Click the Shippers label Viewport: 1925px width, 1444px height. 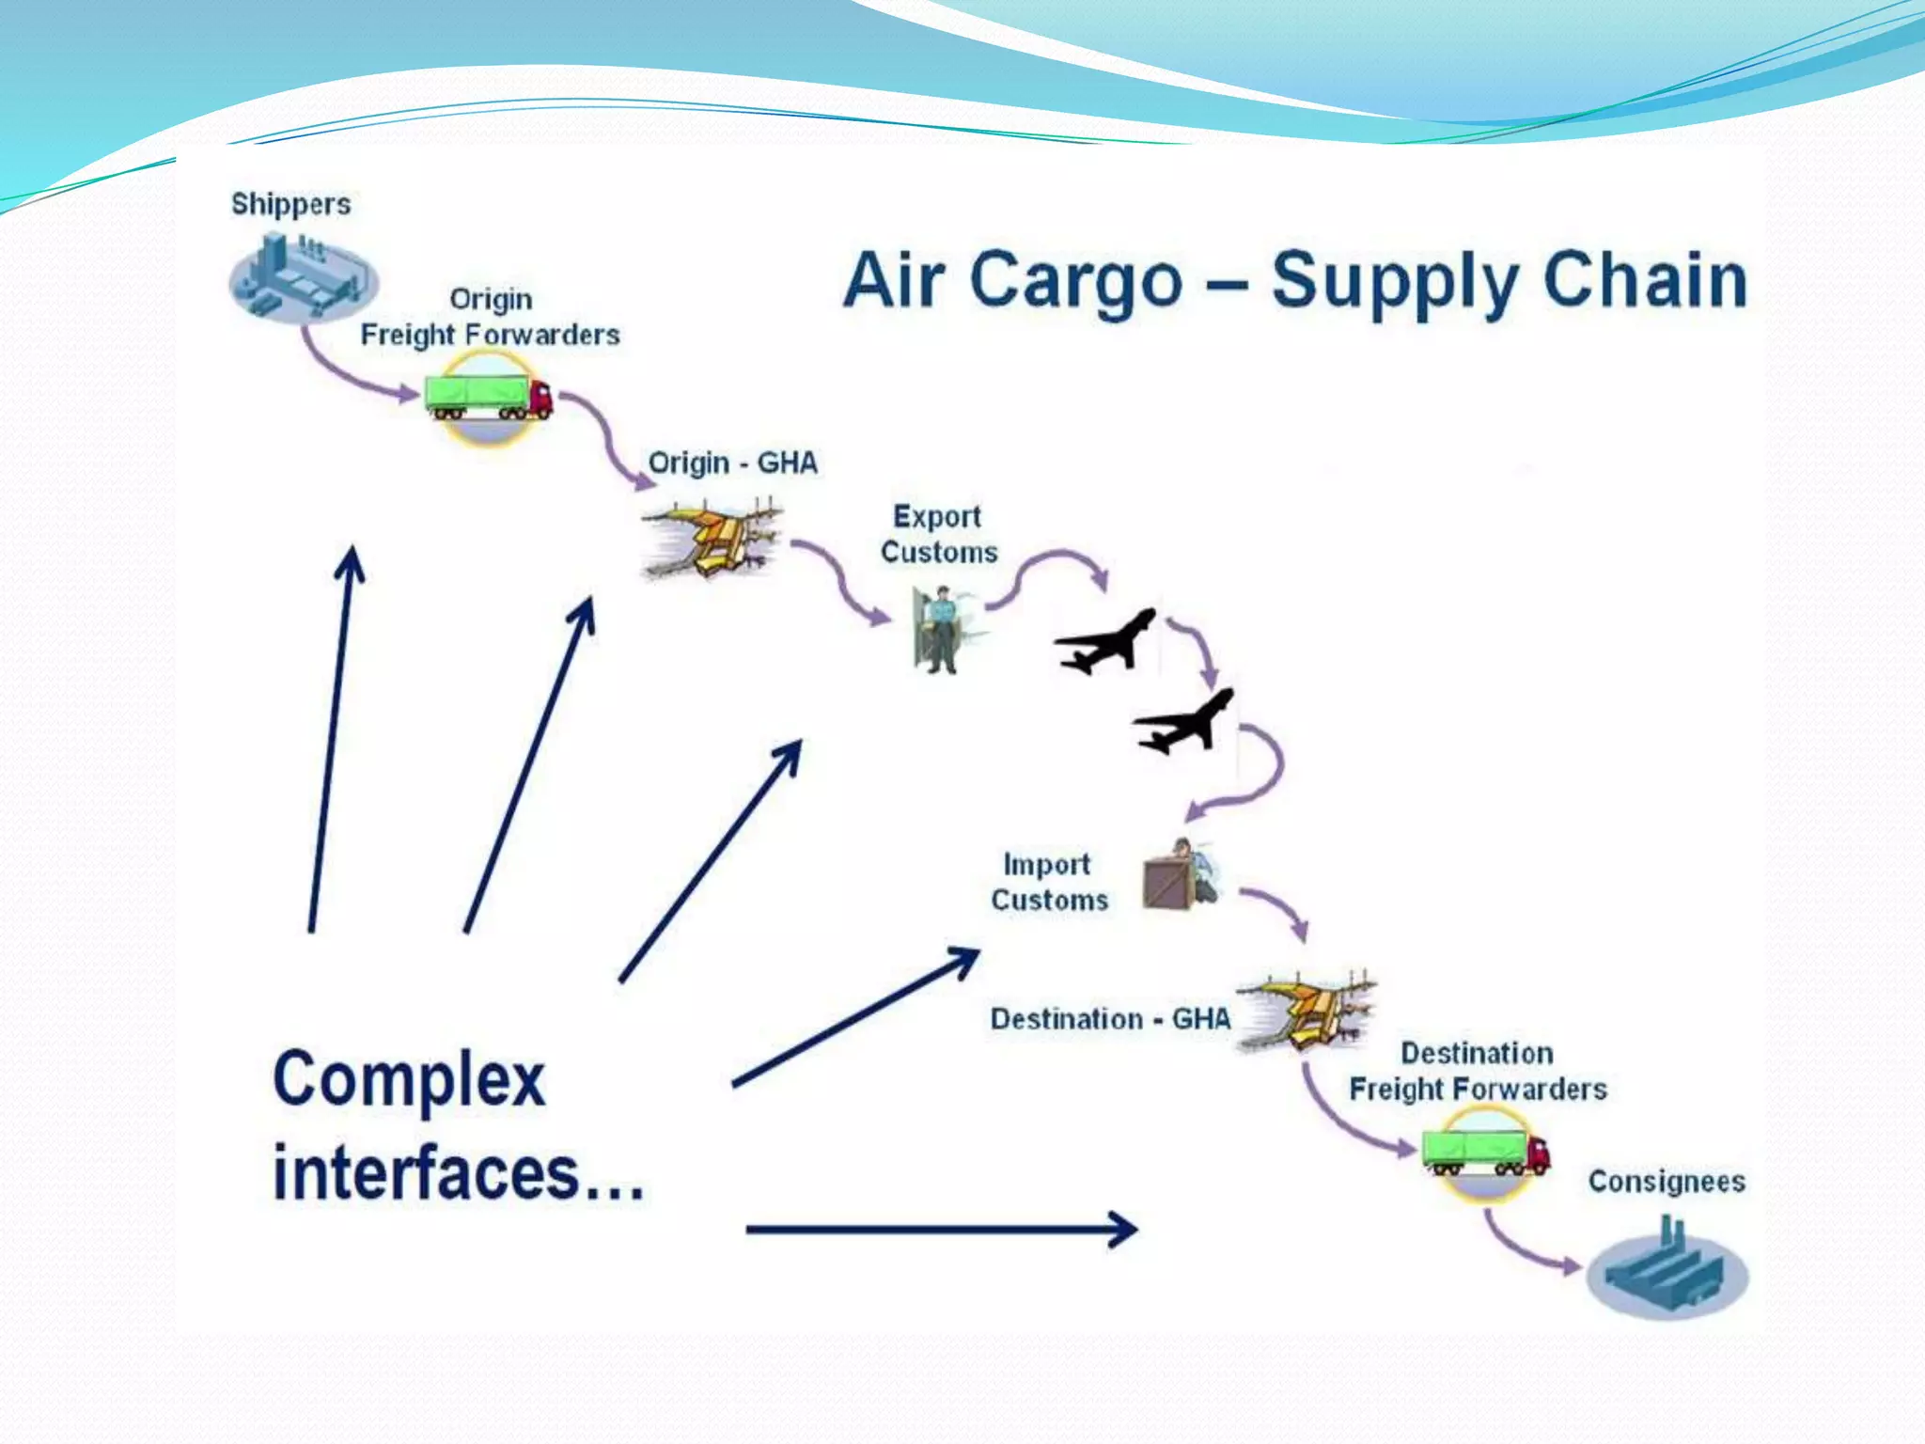coord(290,204)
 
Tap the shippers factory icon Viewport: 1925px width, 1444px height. coord(303,278)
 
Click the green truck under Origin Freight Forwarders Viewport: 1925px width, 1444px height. coord(488,398)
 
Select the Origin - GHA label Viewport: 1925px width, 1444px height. coord(733,463)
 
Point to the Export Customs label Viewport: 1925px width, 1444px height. coord(938,534)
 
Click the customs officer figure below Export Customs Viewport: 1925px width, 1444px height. coord(940,630)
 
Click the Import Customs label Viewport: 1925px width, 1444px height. coord(1049,882)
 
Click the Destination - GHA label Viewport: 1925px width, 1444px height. coord(1110,1018)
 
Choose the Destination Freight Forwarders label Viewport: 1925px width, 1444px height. coord(1478,1071)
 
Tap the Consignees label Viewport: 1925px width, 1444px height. coord(1667,1181)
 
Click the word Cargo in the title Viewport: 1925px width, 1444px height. coord(1075,280)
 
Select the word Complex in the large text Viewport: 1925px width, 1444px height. coord(409,1079)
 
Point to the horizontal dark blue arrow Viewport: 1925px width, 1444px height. coord(940,1229)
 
